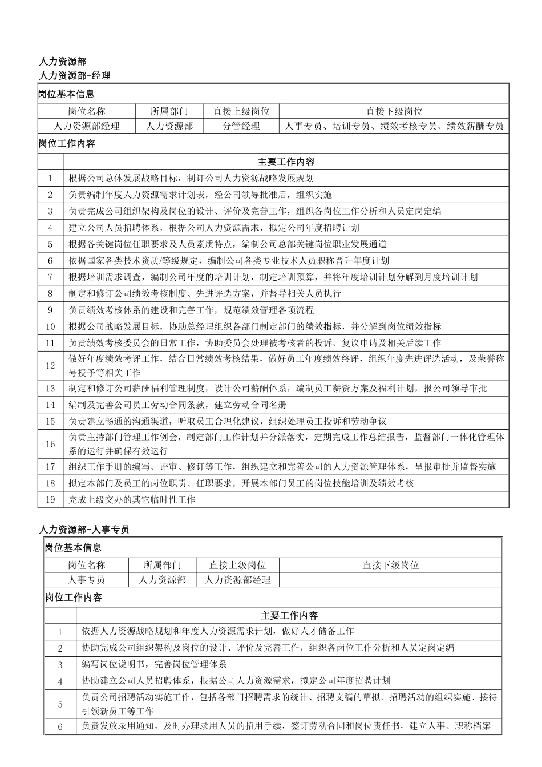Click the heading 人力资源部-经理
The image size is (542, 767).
click(x=75, y=75)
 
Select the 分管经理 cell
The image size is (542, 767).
click(x=241, y=126)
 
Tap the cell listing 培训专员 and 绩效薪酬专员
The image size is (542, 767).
click(x=394, y=126)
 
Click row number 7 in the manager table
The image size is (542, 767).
click(x=50, y=277)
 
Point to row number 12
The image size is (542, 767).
click(x=50, y=366)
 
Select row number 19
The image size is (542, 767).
click(x=50, y=500)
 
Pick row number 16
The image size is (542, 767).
click(x=50, y=444)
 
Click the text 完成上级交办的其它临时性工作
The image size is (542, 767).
click(x=132, y=500)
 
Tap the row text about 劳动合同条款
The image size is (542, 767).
click(x=177, y=405)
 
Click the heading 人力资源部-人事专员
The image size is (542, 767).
click(x=84, y=530)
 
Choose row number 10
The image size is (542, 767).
click(x=50, y=327)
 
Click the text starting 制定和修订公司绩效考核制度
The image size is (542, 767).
click(x=205, y=294)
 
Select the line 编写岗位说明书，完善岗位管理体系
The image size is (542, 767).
click(x=154, y=664)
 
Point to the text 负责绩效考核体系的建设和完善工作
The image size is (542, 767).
click(x=191, y=310)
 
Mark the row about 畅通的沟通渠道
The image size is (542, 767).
click(x=228, y=422)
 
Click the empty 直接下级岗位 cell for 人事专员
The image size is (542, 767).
click(x=390, y=580)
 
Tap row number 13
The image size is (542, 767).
click(x=50, y=389)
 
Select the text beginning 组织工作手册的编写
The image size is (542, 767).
click(x=282, y=467)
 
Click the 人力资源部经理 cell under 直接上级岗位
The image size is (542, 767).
click(x=237, y=580)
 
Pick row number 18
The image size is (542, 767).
click(x=50, y=483)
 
